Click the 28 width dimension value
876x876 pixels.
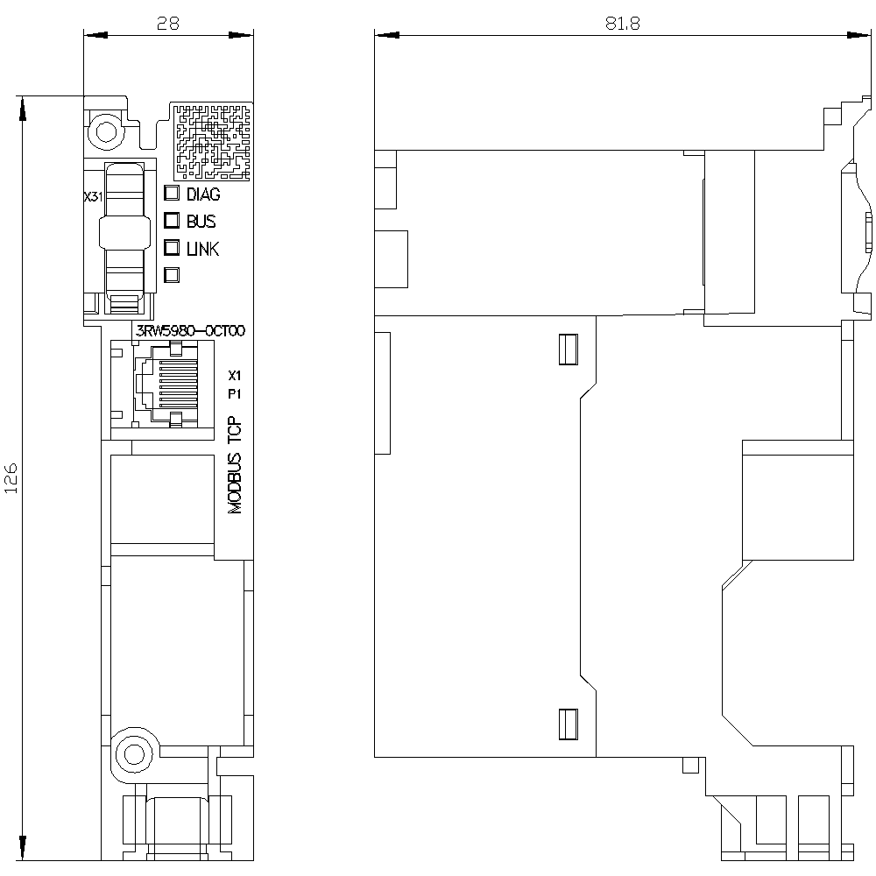[168, 23]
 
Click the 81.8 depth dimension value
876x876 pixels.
[622, 23]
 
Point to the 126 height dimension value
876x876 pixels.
[11, 477]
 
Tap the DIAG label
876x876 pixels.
[203, 194]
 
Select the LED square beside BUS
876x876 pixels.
[172, 220]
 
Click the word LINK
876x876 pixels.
[203, 249]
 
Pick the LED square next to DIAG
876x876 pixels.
[172, 193]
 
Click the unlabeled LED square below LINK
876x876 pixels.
[172, 275]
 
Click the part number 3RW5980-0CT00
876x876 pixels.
[190, 331]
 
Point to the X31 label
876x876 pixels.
[94, 196]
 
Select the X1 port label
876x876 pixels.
[235, 376]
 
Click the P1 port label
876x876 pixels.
[235, 394]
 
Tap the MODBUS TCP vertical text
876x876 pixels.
[235, 465]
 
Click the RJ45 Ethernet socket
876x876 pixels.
[167, 385]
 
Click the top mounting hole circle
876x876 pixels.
[106, 132]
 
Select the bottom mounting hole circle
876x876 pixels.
[133, 754]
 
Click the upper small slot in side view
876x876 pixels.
[569, 350]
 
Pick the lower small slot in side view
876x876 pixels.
[569, 724]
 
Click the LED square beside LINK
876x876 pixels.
[172, 248]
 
